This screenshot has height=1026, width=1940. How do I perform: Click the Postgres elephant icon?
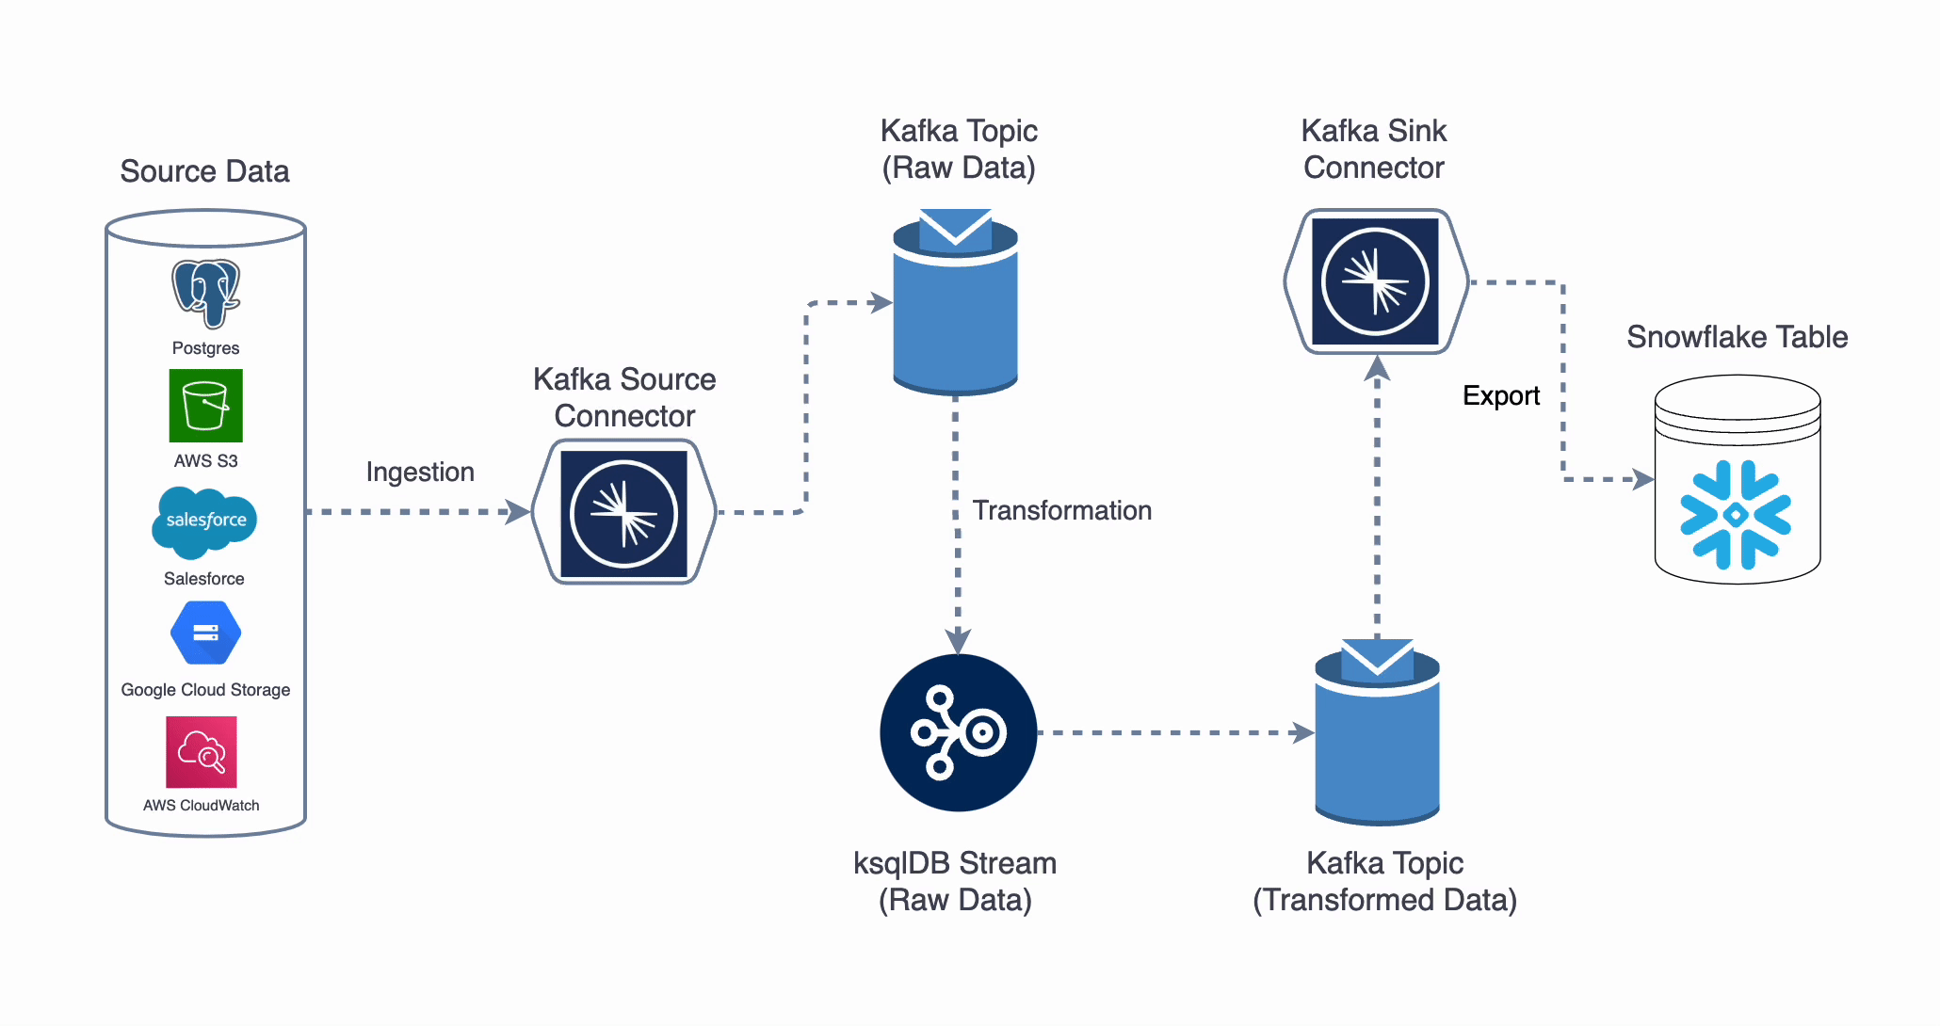click(x=205, y=293)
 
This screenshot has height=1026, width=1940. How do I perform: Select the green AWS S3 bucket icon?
click(x=205, y=406)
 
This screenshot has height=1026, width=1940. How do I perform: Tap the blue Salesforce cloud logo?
click(x=204, y=521)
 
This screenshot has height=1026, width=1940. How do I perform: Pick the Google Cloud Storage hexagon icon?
click(x=205, y=633)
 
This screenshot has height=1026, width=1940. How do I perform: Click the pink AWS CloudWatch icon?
click(x=202, y=752)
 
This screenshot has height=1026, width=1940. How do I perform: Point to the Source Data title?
click(x=204, y=171)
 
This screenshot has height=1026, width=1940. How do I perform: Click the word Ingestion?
click(x=419, y=472)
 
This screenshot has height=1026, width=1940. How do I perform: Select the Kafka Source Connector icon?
click(x=623, y=513)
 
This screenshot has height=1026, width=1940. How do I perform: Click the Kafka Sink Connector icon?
click(x=1375, y=281)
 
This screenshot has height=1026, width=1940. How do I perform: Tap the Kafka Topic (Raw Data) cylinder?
click(x=955, y=311)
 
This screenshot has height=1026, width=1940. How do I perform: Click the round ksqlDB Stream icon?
click(x=958, y=732)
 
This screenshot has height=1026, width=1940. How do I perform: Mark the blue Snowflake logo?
click(x=1736, y=515)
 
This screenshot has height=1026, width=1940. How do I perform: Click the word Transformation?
click(x=1061, y=510)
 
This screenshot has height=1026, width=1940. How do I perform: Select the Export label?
click(x=1500, y=395)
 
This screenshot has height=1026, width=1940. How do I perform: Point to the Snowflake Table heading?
click(x=1737, y=337)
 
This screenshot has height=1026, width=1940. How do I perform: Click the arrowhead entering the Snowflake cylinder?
click(x=1643, y=480)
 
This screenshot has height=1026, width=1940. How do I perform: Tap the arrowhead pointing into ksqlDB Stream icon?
click(x=958, y=643)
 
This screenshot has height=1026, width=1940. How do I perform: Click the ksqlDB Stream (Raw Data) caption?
click(x=955, y=881)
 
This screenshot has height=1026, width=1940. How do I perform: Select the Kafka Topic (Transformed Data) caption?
click(x=1384, y=881)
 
